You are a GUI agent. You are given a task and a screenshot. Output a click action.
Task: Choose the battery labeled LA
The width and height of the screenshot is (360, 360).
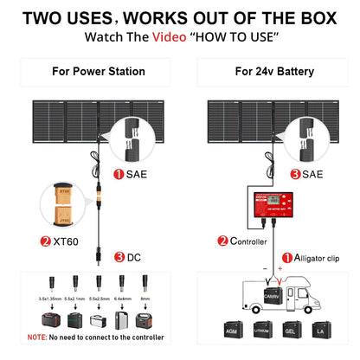pyautogui.click(x=321, y=330)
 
